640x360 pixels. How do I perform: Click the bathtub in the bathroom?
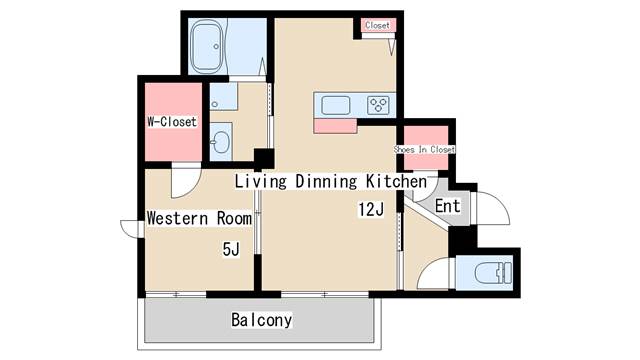coord(209,47)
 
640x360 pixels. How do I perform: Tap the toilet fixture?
coord(494,273)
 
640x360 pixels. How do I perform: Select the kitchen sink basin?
coord(336,105)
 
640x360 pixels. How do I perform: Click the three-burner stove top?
coord(378,105)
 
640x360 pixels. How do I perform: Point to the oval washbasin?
coord(220,142)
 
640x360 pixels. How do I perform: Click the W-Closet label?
coord(172,122)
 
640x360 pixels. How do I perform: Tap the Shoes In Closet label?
coord(424,149)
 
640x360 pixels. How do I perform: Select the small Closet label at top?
coord(378,25)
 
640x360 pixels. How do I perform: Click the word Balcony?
coord(262,320)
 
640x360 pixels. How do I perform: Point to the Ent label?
coord(448,206)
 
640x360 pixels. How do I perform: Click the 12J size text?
coord(371,209)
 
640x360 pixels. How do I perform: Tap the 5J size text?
coord(231,249)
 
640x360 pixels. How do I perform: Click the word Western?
coord(178,218)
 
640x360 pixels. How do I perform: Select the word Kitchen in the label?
coord(396,181)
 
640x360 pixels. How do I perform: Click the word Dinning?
coord(326,181)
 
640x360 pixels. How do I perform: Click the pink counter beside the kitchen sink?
coord(335,126)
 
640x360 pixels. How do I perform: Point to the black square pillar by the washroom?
coord(264,158)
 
